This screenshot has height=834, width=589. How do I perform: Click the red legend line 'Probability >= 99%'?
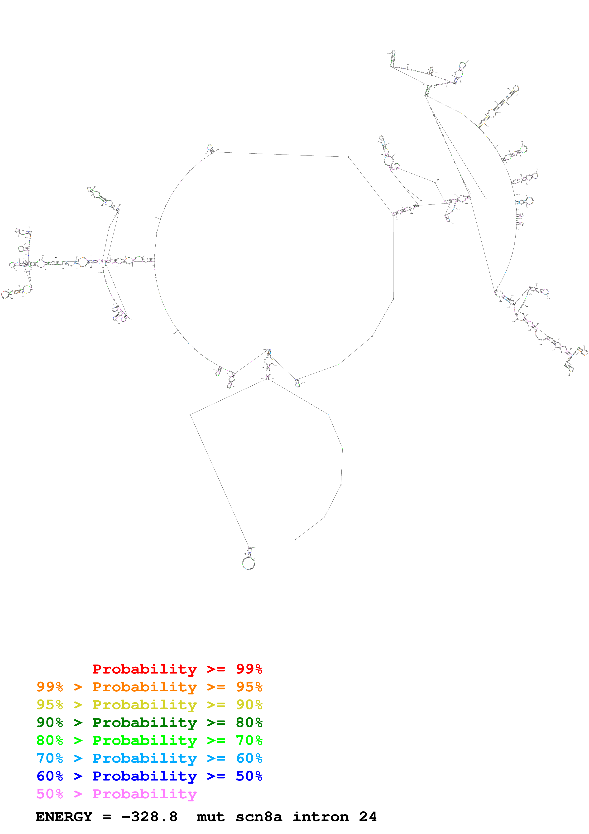[177, 669]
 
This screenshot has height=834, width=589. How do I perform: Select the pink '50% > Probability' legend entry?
[116, 793]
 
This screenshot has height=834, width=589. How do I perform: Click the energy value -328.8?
[149, 817]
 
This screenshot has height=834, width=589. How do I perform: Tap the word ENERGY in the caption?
[64, 817]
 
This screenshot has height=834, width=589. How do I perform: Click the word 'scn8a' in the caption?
[259, 817]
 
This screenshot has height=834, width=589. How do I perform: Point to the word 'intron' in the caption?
[321, 817]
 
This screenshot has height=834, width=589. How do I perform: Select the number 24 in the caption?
[368, 817]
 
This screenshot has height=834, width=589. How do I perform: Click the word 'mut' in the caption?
[211, 817]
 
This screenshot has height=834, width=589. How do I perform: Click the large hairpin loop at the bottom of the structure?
[249, 563]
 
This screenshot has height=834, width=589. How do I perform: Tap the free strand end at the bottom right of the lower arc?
[295, 539]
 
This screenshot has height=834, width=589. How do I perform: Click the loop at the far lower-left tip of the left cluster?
[5, 295]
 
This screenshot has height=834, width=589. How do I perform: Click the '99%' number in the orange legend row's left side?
[50, 687]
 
